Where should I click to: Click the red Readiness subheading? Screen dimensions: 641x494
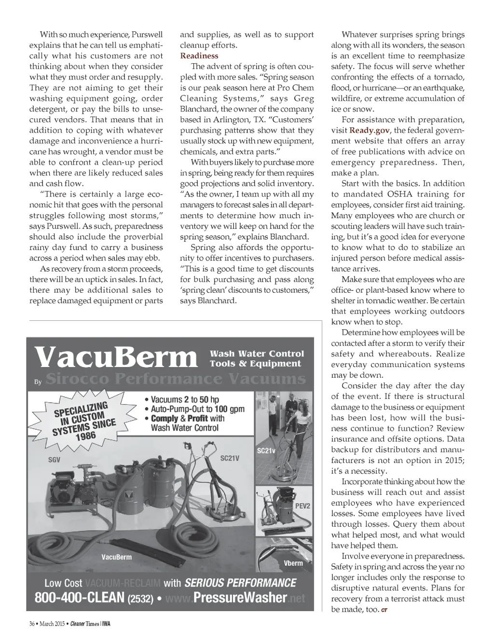click(x=199, y=56)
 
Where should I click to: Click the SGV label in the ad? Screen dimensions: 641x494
click(x=54, y=460)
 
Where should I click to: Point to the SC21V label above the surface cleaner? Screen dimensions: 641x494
click(x=230, y=458)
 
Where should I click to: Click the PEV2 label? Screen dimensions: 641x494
click(x=303, y=506)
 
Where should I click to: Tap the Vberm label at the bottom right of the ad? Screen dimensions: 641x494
click(x=293, y=563)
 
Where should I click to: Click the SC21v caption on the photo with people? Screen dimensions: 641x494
click(x=266, y=450)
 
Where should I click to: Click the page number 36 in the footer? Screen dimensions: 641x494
click(x=32, y=623)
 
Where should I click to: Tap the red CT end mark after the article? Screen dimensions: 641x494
click(x=384, y=611)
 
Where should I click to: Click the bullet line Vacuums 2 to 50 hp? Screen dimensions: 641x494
click(x=185, y=399)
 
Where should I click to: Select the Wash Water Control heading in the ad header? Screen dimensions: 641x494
click(x=257, y=354)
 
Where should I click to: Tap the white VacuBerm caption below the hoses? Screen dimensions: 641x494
click(x=116, y=557)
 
